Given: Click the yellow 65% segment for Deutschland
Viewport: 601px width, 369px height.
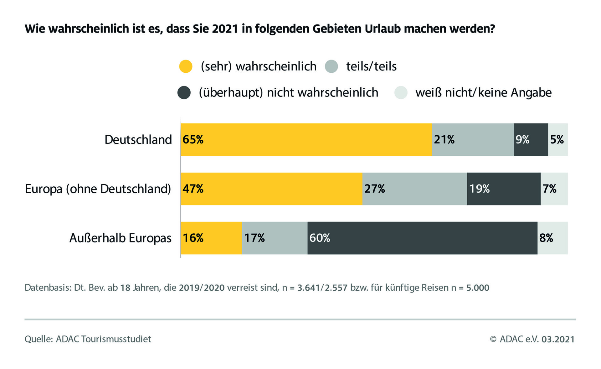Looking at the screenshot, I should pos(306,140).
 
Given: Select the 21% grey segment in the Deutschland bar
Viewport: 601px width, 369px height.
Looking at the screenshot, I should pos(473,140).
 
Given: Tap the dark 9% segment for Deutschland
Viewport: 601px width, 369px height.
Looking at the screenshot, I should pos(531,140).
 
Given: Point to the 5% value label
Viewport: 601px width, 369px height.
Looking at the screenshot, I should pos(557,140).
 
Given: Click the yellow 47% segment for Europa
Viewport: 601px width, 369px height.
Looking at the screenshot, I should pos(271,189).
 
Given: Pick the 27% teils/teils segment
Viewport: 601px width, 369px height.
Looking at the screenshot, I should pos(414,189).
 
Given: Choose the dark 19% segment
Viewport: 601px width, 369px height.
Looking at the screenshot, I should pos(504,189).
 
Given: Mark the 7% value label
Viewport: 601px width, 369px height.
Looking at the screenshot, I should pos(549,189).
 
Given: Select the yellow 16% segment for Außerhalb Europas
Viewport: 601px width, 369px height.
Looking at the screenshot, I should pos(211,238).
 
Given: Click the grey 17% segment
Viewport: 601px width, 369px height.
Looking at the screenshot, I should pos(275,238).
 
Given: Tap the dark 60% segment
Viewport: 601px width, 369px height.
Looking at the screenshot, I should pos(422,238).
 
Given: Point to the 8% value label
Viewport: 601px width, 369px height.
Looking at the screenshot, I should pos(546,238).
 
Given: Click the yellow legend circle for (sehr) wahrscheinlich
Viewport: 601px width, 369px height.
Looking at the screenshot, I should pos(186,66).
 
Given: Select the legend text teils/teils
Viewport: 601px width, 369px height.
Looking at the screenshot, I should pos(371,66).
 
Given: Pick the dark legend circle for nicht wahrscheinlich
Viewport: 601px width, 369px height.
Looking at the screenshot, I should pos(184,93).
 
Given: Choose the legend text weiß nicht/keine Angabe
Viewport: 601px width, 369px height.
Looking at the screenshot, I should pos(483,93).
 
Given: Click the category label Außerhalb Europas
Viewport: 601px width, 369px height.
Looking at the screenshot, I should pos(120,238).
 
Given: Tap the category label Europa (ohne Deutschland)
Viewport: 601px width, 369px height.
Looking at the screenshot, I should pos(98,189).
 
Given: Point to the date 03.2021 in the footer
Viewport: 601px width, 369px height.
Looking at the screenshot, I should pos(558,339).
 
